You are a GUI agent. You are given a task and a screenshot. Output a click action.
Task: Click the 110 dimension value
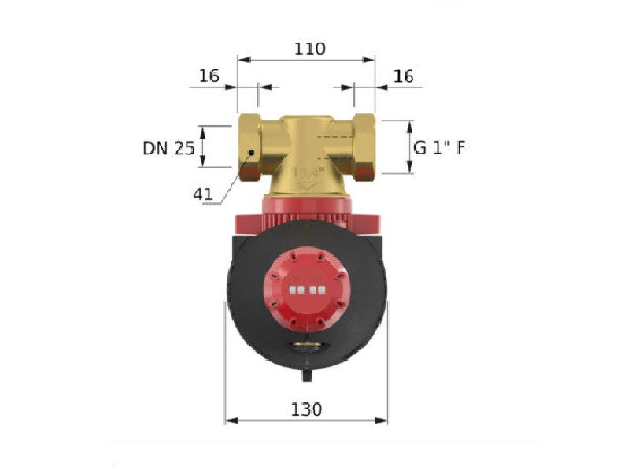pyautogui.click(x=309, y=49)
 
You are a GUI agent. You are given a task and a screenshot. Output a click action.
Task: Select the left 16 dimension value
pyautogui.click(x=209, y=76)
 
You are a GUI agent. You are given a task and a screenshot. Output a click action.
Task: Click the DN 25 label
pyautogui.click(x=168, y=148)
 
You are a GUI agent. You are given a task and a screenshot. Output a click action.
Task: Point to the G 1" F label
pyautogui.click(x=439, y=148)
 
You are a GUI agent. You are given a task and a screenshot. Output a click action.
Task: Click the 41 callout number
pyautogui.click(x=203, y=194)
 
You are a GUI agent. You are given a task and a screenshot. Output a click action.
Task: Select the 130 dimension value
pyautogui.click(x=306, y=409)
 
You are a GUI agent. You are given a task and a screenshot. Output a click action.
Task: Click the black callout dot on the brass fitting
pyautogui.click(x=251, y=153)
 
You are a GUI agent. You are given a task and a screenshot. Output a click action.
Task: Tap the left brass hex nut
pyautogui.click(x=249, y=147)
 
